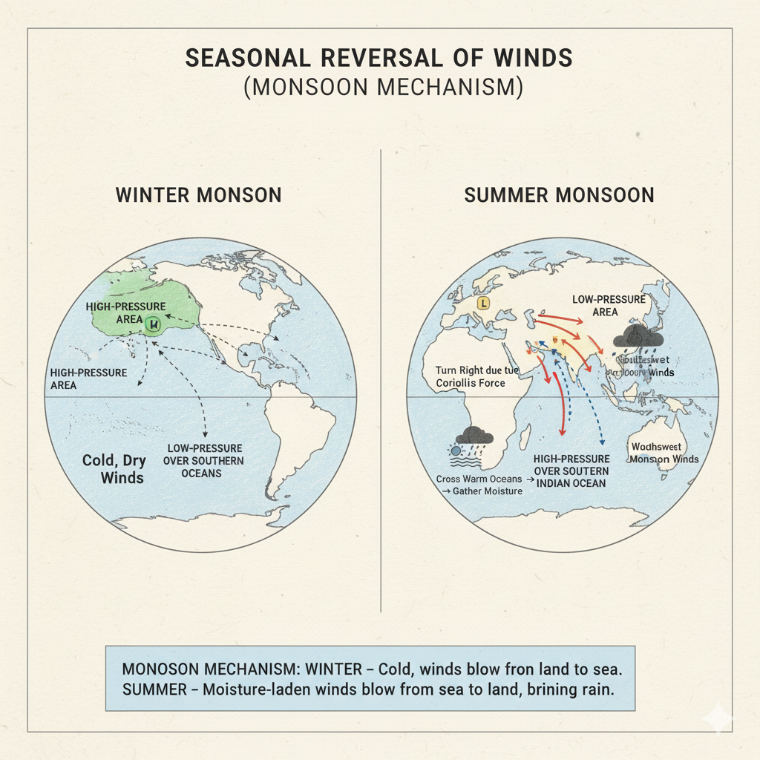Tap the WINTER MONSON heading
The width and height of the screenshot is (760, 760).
point(198,195)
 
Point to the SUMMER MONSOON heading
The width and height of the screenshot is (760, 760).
point(559,195)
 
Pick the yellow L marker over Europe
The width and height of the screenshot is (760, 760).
point(483,303)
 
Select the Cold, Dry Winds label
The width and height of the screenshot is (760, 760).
point(113,468)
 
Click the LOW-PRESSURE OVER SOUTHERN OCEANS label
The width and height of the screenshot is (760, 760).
point(205,460)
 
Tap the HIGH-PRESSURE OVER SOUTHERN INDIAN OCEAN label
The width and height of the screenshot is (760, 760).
point(571,471)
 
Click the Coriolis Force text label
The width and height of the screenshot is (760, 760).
point(461,376)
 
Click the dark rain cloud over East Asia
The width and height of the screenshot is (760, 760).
point(638,338)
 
